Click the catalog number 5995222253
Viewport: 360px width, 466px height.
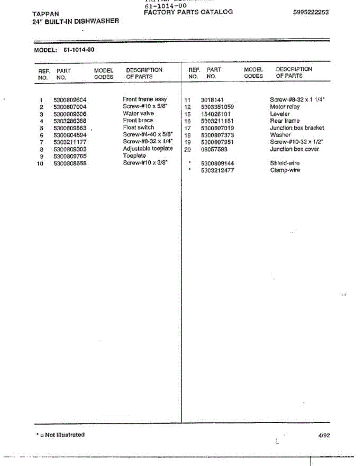311,12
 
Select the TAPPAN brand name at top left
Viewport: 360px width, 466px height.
46,14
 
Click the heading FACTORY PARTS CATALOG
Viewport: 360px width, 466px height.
188,12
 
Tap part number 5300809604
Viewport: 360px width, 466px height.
70,100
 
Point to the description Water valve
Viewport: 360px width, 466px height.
138,113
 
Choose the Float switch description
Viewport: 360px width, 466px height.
138,127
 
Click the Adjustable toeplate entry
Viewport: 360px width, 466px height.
148,149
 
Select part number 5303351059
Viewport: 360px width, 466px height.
217,107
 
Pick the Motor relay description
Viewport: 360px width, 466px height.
285,107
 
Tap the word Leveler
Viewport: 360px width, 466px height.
280,114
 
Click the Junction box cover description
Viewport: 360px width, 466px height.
294,149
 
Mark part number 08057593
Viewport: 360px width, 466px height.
214,150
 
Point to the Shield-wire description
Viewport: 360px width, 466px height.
285,163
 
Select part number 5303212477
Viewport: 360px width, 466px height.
217,170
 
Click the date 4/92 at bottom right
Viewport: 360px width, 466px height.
324,436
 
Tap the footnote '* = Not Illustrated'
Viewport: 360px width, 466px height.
60,435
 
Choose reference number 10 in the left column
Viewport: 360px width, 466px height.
40,163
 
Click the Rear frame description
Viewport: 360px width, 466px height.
285,121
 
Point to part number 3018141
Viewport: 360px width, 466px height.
212,100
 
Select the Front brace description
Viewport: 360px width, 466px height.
138,120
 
